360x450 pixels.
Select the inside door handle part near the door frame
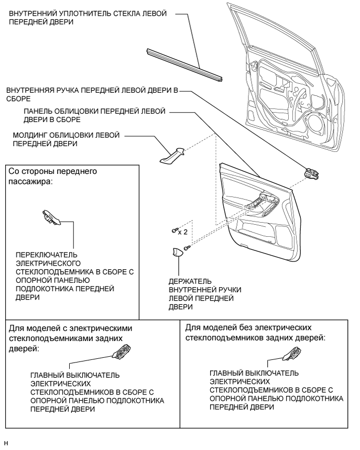pos(312,172)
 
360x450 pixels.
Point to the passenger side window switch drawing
pos(52,216)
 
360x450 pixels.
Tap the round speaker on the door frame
pos(315,125)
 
